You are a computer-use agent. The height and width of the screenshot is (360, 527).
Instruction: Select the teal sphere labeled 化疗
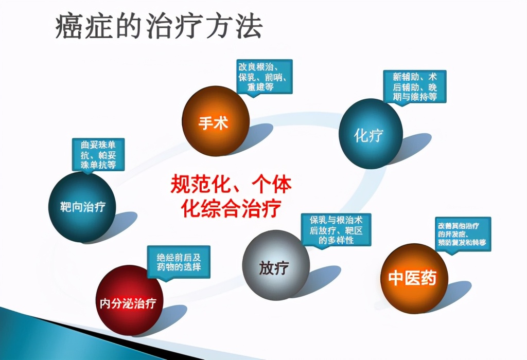[370, 134]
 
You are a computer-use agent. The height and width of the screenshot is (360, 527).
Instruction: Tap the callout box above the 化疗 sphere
[414, 86]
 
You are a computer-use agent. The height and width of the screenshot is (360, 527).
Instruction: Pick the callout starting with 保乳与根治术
[336, 229]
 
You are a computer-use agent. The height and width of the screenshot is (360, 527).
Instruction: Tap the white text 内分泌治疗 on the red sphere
[128, 303]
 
